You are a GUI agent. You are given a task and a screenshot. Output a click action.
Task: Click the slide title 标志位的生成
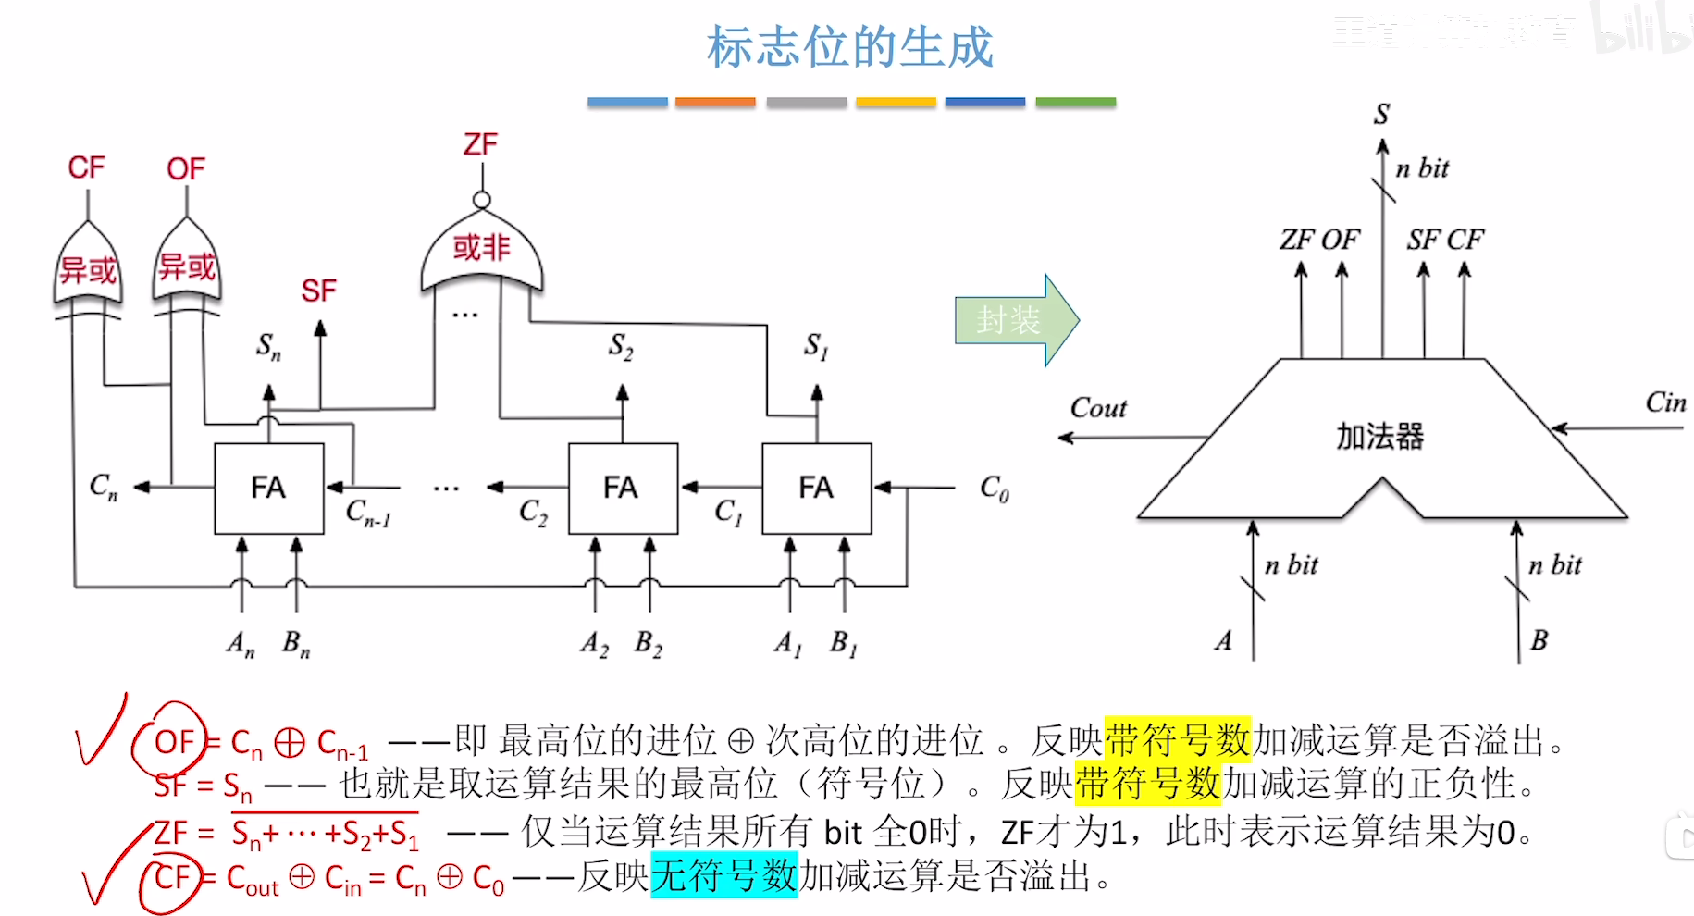click(849, 48)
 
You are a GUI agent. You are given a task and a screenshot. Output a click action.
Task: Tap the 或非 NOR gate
click(481, 249)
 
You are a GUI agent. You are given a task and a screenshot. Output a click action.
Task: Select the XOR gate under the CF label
click(88, 267)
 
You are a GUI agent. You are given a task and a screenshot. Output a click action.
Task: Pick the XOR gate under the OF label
click(187, 266)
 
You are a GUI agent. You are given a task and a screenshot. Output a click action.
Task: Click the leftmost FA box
click(268, 488)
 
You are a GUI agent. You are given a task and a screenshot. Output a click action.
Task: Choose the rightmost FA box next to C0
click(816, 488)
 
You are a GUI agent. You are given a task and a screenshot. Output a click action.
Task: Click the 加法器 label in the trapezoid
click(1379, 436)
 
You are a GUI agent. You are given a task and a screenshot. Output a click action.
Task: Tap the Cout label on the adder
click(1098, 408)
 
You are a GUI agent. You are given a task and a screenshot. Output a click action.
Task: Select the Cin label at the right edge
click(1665, 402)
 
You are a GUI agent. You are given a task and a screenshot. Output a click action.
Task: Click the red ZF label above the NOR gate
click(480, 144)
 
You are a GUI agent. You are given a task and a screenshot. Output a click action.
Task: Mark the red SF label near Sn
click(318, 291)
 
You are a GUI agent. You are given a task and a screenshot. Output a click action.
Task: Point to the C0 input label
click(995, 488)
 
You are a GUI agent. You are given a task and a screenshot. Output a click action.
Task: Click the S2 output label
click(621, 347)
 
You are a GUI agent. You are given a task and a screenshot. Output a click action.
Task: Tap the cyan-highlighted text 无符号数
click(723, 874)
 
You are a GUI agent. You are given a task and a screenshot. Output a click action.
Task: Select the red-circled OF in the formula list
click(173, 741)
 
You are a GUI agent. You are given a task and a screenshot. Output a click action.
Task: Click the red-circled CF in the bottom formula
click(171, 877)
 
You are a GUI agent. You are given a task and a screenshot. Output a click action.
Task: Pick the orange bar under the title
click(715, 102)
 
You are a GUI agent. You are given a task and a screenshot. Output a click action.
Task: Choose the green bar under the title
click(1075, 102)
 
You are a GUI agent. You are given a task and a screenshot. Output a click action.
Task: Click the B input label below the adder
click(1539, 640)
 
